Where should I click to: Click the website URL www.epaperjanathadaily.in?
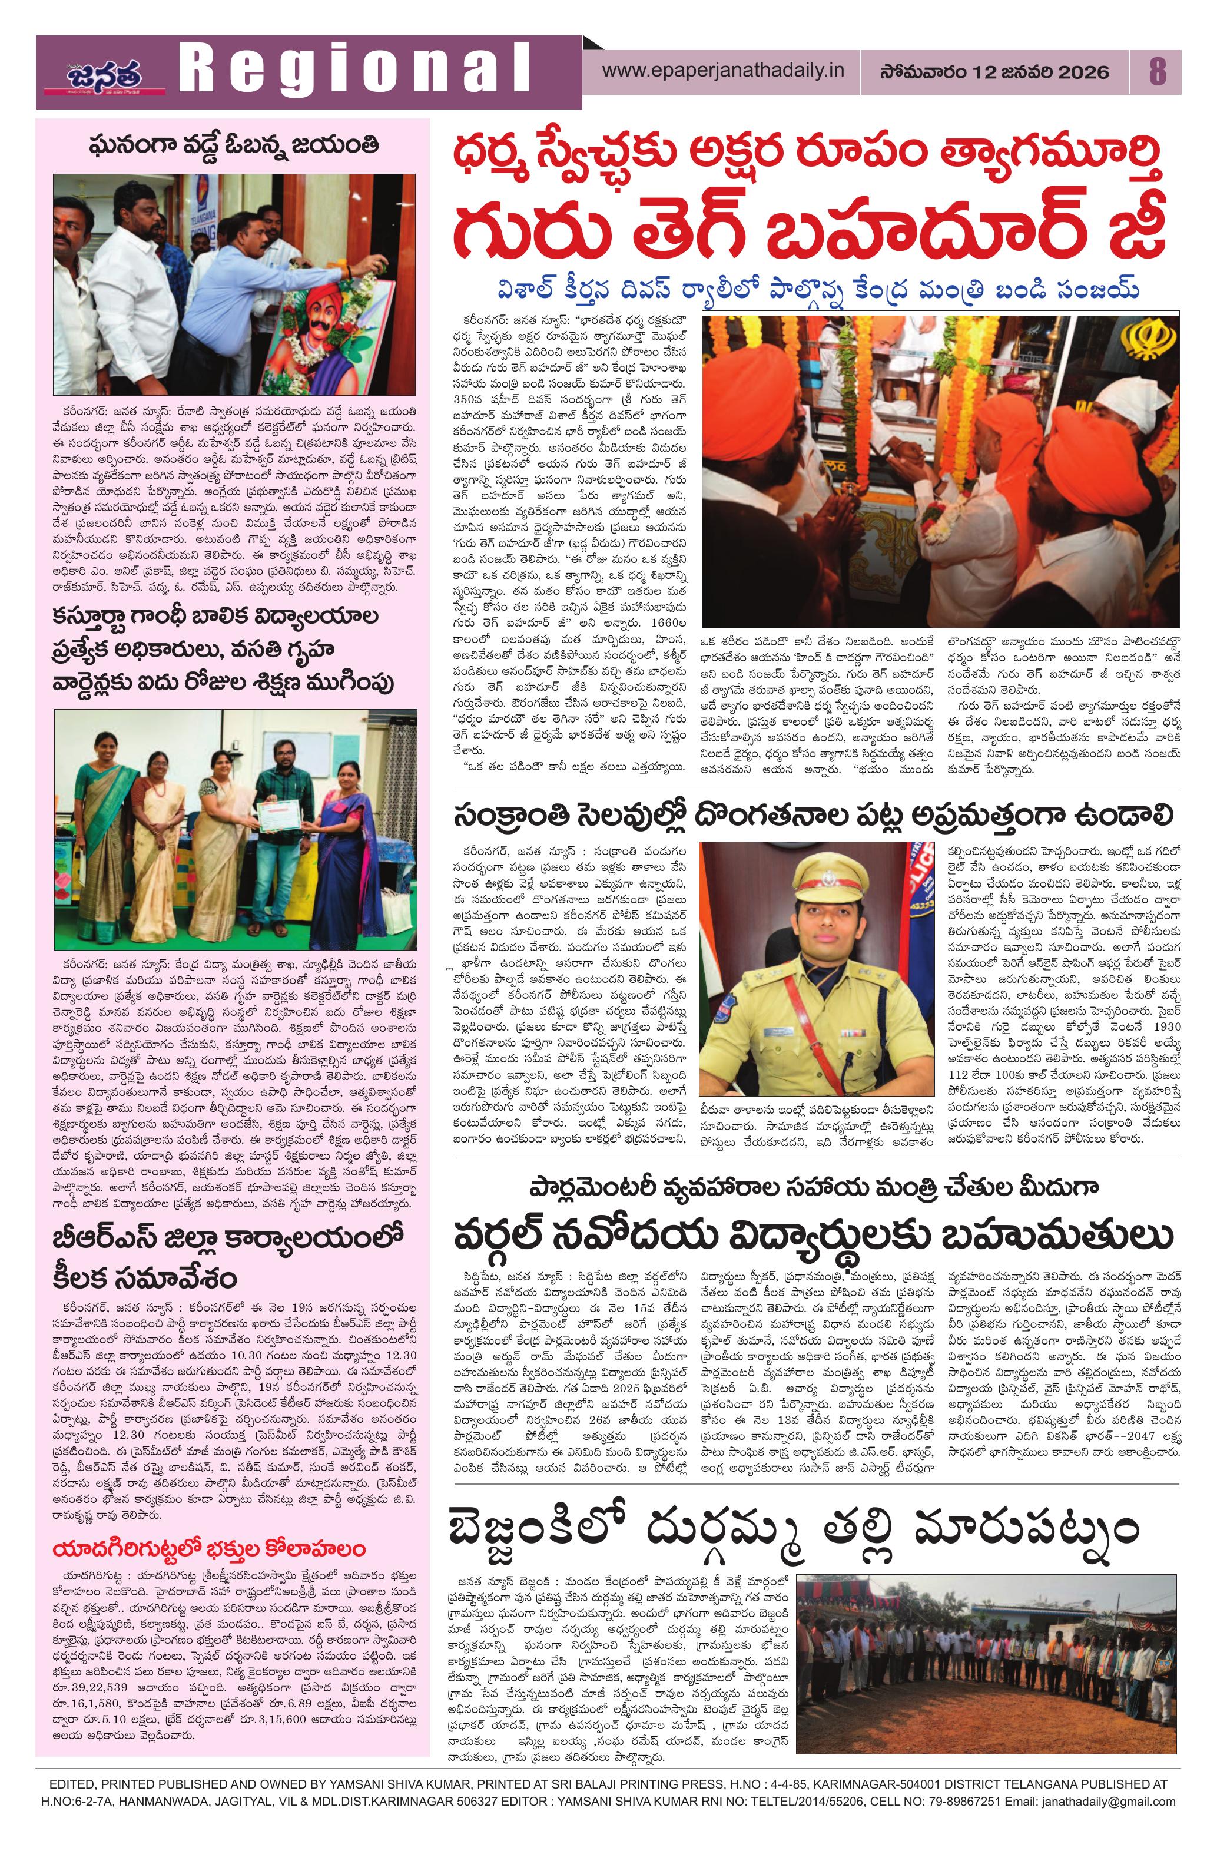point(723,71)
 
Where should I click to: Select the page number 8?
point(1157,72)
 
